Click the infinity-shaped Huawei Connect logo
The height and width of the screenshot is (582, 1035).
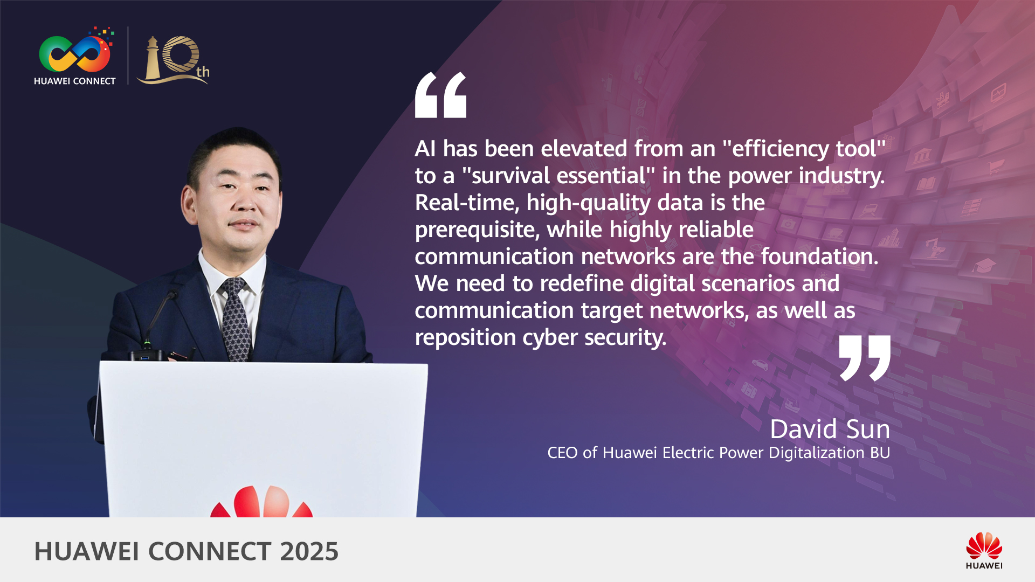[74, 54]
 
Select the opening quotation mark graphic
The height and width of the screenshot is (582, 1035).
[440, 95]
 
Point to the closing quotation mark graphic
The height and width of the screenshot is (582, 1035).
[865, 358]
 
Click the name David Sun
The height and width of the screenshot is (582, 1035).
[830, 429]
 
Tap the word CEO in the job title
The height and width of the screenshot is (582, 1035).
[562, 453]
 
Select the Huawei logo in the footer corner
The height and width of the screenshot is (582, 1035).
[984, 550]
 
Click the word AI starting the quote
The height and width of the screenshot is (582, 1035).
[425, 149]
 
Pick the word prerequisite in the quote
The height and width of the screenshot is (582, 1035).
[477, 230]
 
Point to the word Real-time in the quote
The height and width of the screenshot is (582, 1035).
[467, 203]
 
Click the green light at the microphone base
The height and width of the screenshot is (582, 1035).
[147, 342]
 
